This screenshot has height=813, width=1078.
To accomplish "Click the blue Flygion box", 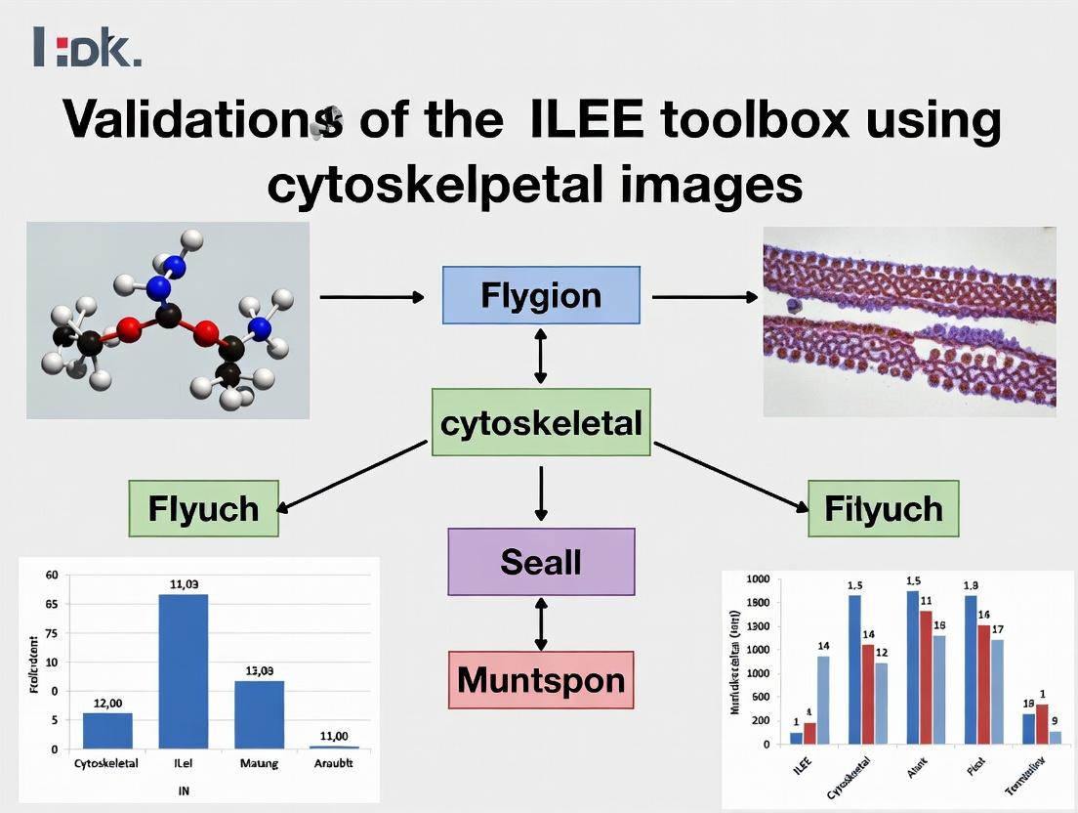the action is (x=541, y=295).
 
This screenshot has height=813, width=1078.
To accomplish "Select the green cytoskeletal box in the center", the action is (x=541, y=423).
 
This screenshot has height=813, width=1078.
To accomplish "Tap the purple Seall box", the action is (x=541, y=562).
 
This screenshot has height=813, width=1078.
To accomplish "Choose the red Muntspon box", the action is (x=541, y=680).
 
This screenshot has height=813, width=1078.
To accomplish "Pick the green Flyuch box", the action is (x=203, y=508).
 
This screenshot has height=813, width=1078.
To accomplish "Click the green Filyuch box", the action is (x=883, y=508).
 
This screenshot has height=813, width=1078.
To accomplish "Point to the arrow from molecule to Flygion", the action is (x=373, y=296).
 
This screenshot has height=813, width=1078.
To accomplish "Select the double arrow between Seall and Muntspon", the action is (x=541, y=623).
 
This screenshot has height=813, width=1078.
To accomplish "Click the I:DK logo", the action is (x=87, y=47).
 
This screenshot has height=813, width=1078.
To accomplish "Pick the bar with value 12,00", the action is (x=107, y=730).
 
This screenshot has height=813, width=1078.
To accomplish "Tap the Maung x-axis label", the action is (x=259, y=763).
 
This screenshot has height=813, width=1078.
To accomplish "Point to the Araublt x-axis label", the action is (x=333, y=763).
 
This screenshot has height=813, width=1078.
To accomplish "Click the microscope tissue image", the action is (x=909, y=321).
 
